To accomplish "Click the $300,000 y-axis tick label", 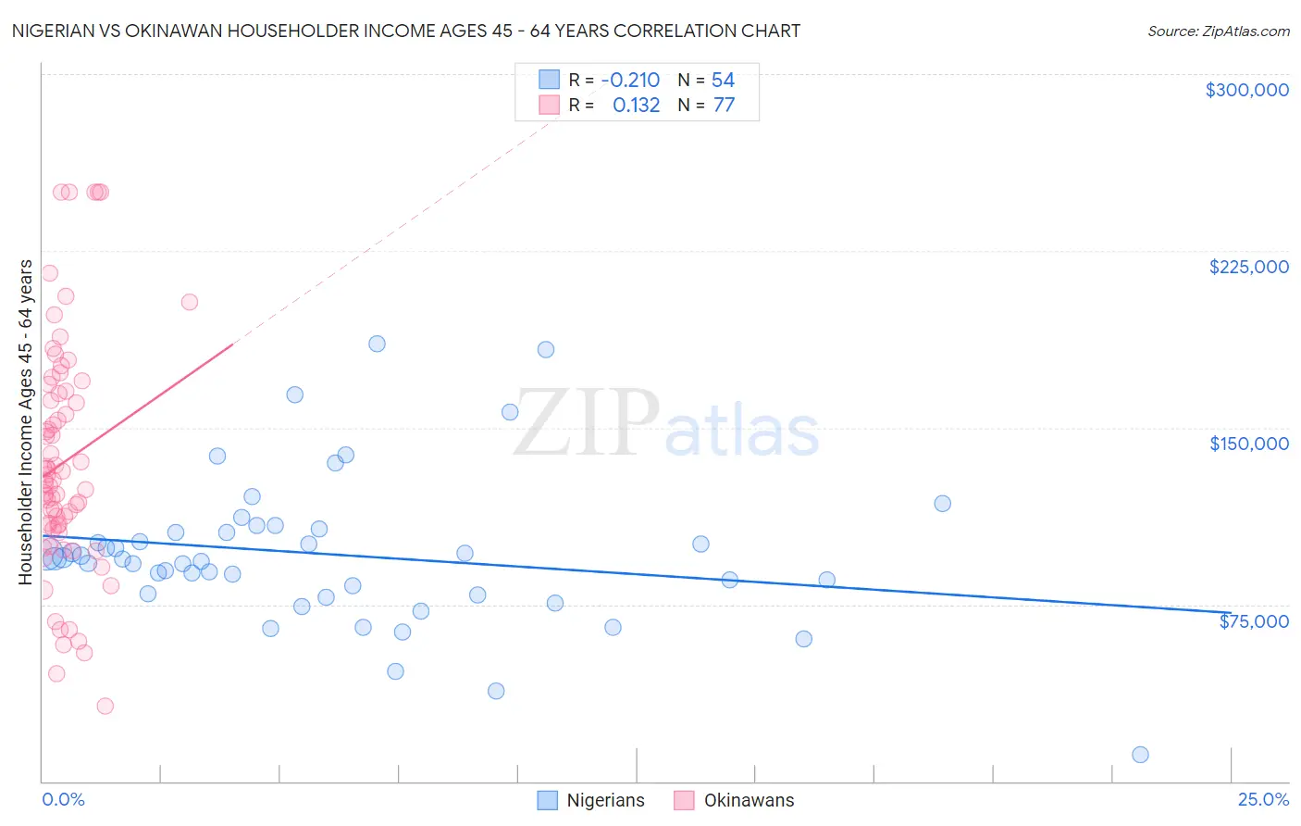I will (x=1246, y=90).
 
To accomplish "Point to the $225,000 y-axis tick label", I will (x=1248, y=267).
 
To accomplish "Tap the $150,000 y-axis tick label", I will (x=1248, y=444).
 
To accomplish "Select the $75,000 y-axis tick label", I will (x=1254, y=621).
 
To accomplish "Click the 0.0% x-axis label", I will (x=63, y=799).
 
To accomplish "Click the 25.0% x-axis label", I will (x=1263, y=799).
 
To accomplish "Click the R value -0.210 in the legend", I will (x=630, y=80).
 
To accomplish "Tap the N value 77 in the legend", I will (x=724, y=105).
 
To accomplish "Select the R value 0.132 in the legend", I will (x=636, y=105).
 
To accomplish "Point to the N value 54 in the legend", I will (x=723, y=80).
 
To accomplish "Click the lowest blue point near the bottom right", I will (x=1140, y=755).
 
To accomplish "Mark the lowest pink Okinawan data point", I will (x=105, y=706).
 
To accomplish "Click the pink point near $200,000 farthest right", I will (x=190, y=302).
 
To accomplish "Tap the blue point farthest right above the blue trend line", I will (x=942, y=504).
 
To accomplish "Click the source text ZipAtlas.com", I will (x=1218, y=31).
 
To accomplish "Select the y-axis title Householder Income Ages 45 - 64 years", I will (x=26, y=422).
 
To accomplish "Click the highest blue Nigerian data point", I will (x=377, y=344).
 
